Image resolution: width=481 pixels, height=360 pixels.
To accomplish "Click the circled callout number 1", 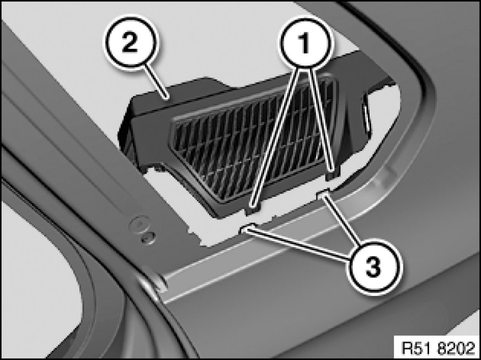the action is coord(304,42).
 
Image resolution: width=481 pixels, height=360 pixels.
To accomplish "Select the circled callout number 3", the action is coord(373,267).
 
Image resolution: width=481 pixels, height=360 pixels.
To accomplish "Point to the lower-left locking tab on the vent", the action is coord(252,209).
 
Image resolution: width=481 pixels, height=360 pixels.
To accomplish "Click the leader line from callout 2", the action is coord(156,82).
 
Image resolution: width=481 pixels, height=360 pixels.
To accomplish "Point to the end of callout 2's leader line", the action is coord(167,99).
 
